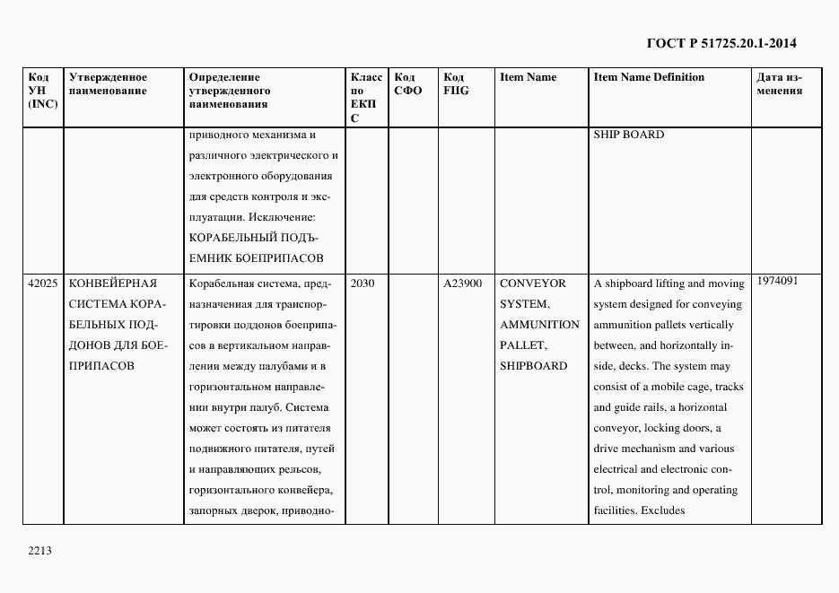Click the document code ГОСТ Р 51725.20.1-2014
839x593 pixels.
(721, 43)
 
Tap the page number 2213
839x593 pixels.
(40, 551)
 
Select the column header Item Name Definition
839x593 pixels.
(649, 77)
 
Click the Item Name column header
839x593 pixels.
(528, 77)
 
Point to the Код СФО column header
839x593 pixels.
(407, 83)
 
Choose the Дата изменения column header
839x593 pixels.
(779, 83)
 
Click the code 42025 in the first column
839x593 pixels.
(43, 283)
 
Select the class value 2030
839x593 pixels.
(363, 283)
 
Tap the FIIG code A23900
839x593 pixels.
(462, 283)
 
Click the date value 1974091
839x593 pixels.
(777, 281)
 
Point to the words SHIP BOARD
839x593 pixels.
(628, 135)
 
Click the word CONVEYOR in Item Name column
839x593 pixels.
(533, 283)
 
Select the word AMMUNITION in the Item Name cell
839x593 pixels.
(539, 325)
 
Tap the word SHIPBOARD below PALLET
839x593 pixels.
(533, 366)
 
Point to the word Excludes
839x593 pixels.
(662, 510)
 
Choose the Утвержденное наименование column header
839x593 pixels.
(108, 83)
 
